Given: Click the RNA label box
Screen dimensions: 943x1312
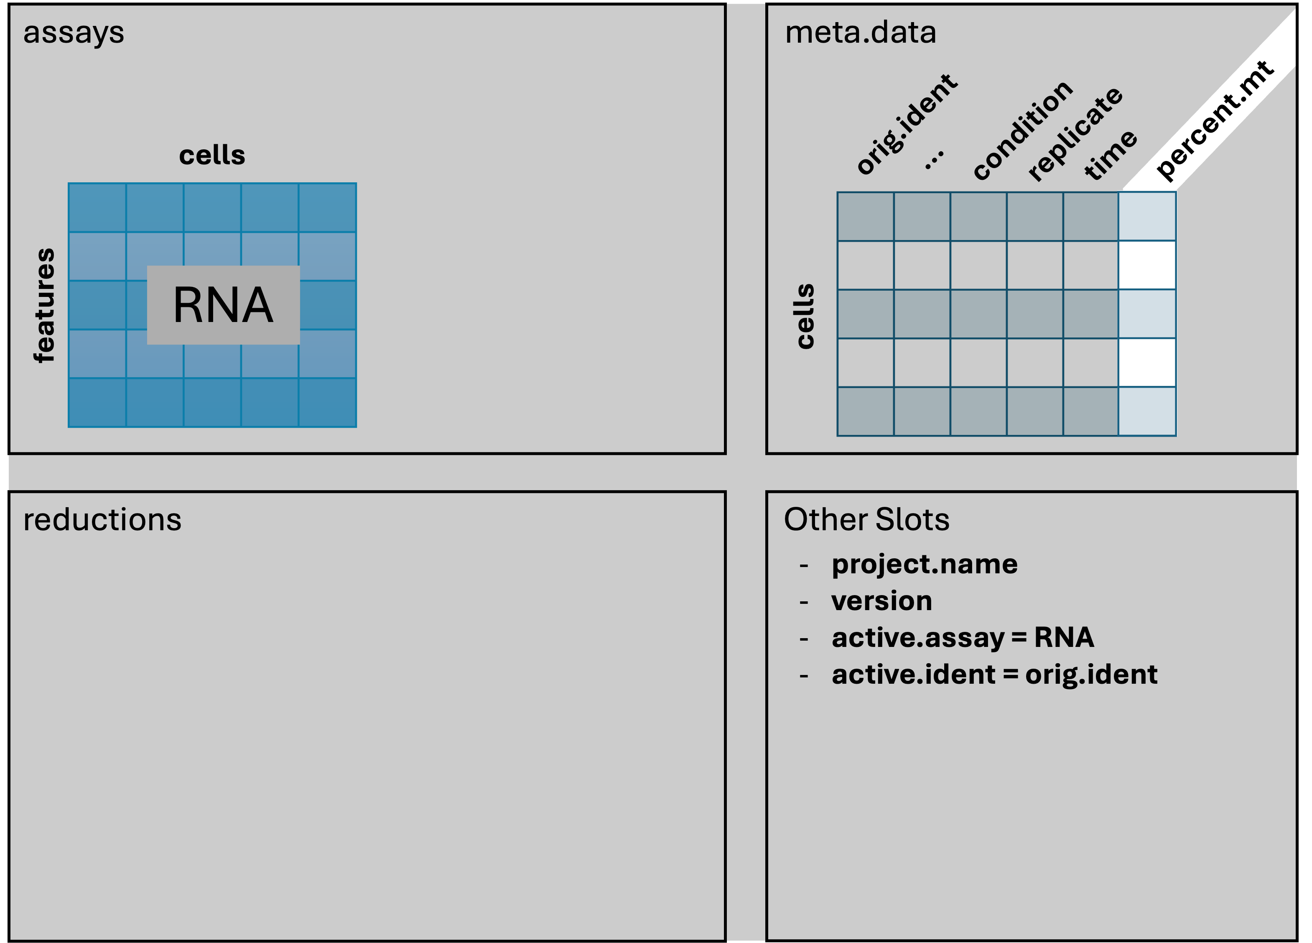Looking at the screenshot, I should coord(223,305).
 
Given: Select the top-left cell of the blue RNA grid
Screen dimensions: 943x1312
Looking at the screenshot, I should coord(97,208).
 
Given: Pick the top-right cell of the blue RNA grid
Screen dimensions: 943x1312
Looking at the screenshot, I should coord(327,208).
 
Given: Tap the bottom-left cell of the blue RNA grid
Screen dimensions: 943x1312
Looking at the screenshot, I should coord(97,403).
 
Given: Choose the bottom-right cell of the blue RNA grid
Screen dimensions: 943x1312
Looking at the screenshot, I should coord(327,403).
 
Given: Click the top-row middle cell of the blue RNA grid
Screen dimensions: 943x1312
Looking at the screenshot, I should coord(212,208).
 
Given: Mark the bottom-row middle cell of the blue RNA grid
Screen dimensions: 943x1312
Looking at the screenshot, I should coord(212,403).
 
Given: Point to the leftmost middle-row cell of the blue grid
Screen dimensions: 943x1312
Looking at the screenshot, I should coord(97,305).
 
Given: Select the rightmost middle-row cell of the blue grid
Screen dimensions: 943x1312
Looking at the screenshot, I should coord(327,305).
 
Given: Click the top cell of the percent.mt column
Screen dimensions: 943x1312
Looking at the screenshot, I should coord(1147,216).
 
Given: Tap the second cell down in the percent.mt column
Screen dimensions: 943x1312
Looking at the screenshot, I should coord(1147,265).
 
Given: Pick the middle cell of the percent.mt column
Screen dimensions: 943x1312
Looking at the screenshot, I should coord(1147,313).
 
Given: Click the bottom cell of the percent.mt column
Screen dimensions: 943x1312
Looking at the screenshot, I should coord(1147,411).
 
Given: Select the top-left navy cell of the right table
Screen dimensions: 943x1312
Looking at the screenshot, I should coord(866,216).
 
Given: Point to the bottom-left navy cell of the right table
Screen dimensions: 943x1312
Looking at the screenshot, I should coord(866,411).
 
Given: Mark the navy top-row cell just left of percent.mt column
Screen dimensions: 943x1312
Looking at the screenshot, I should coord(1090,216).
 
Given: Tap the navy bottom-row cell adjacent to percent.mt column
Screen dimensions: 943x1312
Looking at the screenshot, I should coord(1090,411).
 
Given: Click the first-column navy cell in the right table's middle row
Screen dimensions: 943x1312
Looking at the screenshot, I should coord(866,313).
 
